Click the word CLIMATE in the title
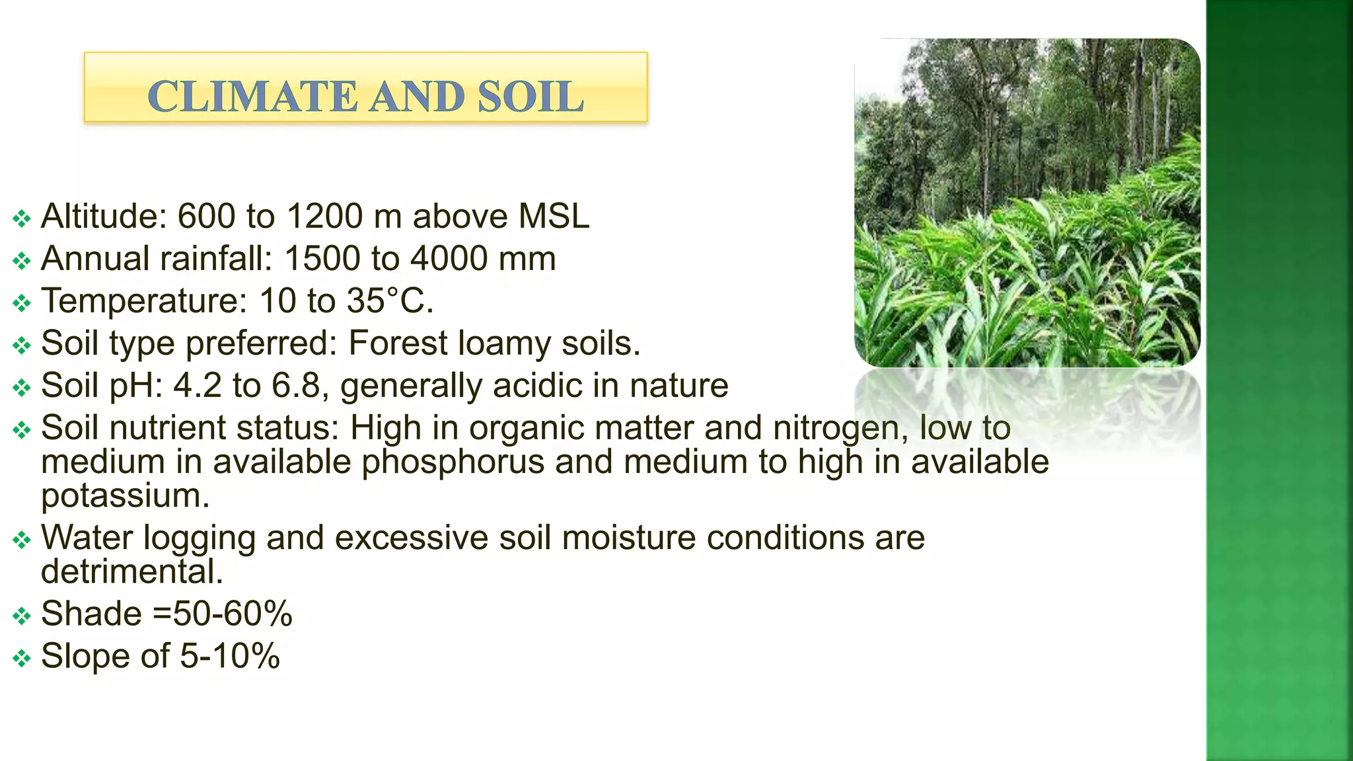(253, 96)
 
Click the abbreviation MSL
(554, 217)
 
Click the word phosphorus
(453, 462)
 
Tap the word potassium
(125, 496)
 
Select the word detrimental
(131, 572)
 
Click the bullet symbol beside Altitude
(22, 219)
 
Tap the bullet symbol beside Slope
(22, 659)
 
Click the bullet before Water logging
(22, 540)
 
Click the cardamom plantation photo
(1027, 202)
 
